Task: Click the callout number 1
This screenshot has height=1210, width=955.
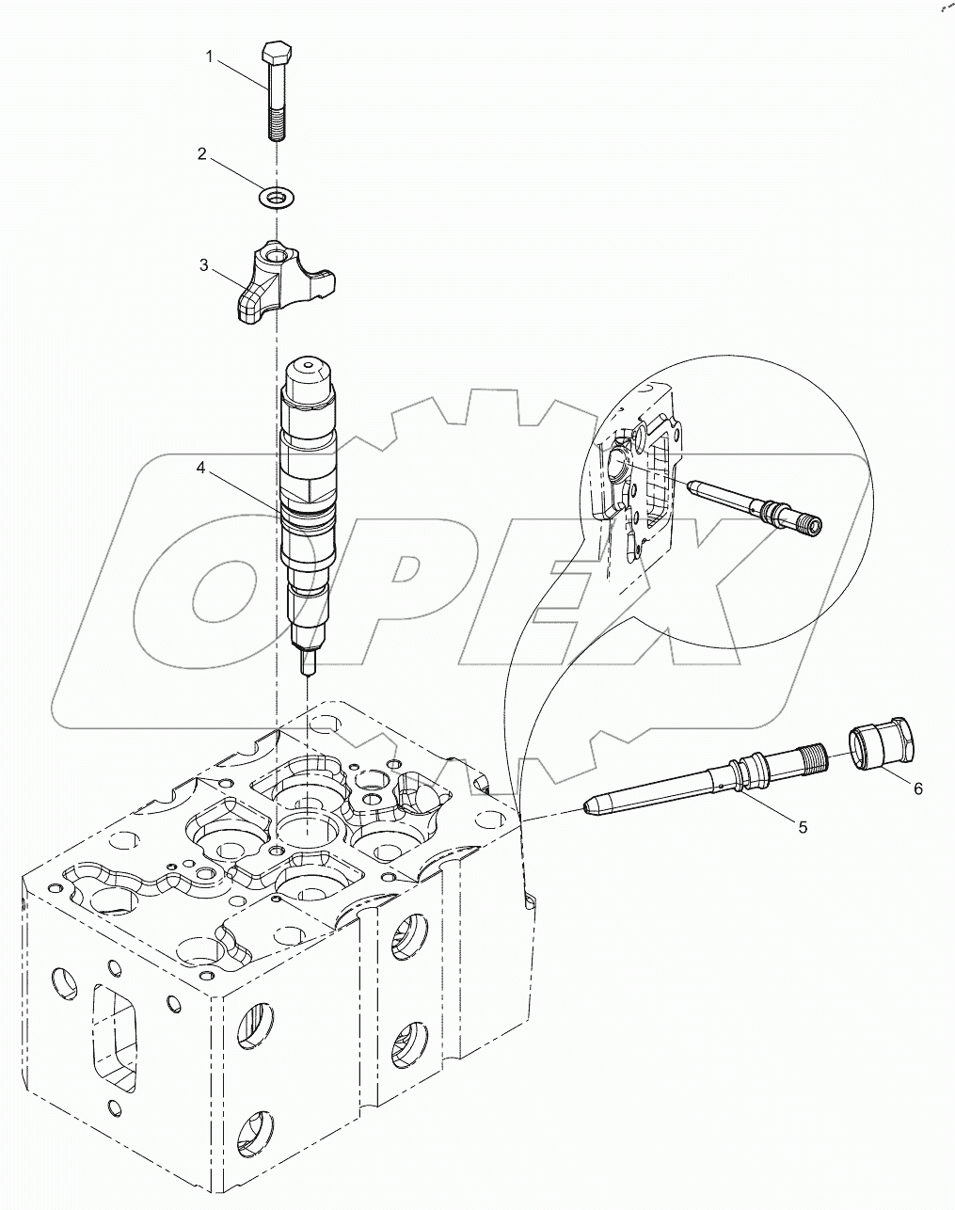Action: click(x=211, y=58)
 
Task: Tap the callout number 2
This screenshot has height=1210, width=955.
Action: click(x=201, y=153)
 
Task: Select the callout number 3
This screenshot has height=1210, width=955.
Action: click(x=204, y=266)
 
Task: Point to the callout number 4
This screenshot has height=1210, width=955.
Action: click(x=200, y=466)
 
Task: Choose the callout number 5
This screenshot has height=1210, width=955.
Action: click(x=802, y=828)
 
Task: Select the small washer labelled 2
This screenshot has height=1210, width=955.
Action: click(x=276, y=197)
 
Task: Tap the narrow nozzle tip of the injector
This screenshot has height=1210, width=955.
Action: click(x=307, y=664)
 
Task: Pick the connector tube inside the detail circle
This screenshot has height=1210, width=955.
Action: click(x=753, y=505)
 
